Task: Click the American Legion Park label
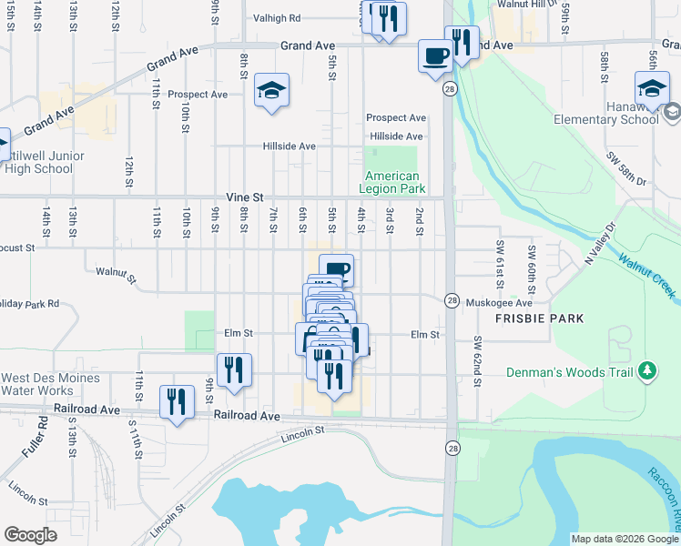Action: (x=392, y=182)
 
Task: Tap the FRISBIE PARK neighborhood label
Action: (x=539, y=318)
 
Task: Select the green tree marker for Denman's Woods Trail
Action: (x=647, y=370)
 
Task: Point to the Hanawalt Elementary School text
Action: (x=606, y=119)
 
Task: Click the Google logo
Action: (x=30, y=535)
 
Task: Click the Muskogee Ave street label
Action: (x=498, y=302)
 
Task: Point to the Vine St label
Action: (x=245, y=197)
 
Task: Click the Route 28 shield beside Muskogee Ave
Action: (x=452, y=300)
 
